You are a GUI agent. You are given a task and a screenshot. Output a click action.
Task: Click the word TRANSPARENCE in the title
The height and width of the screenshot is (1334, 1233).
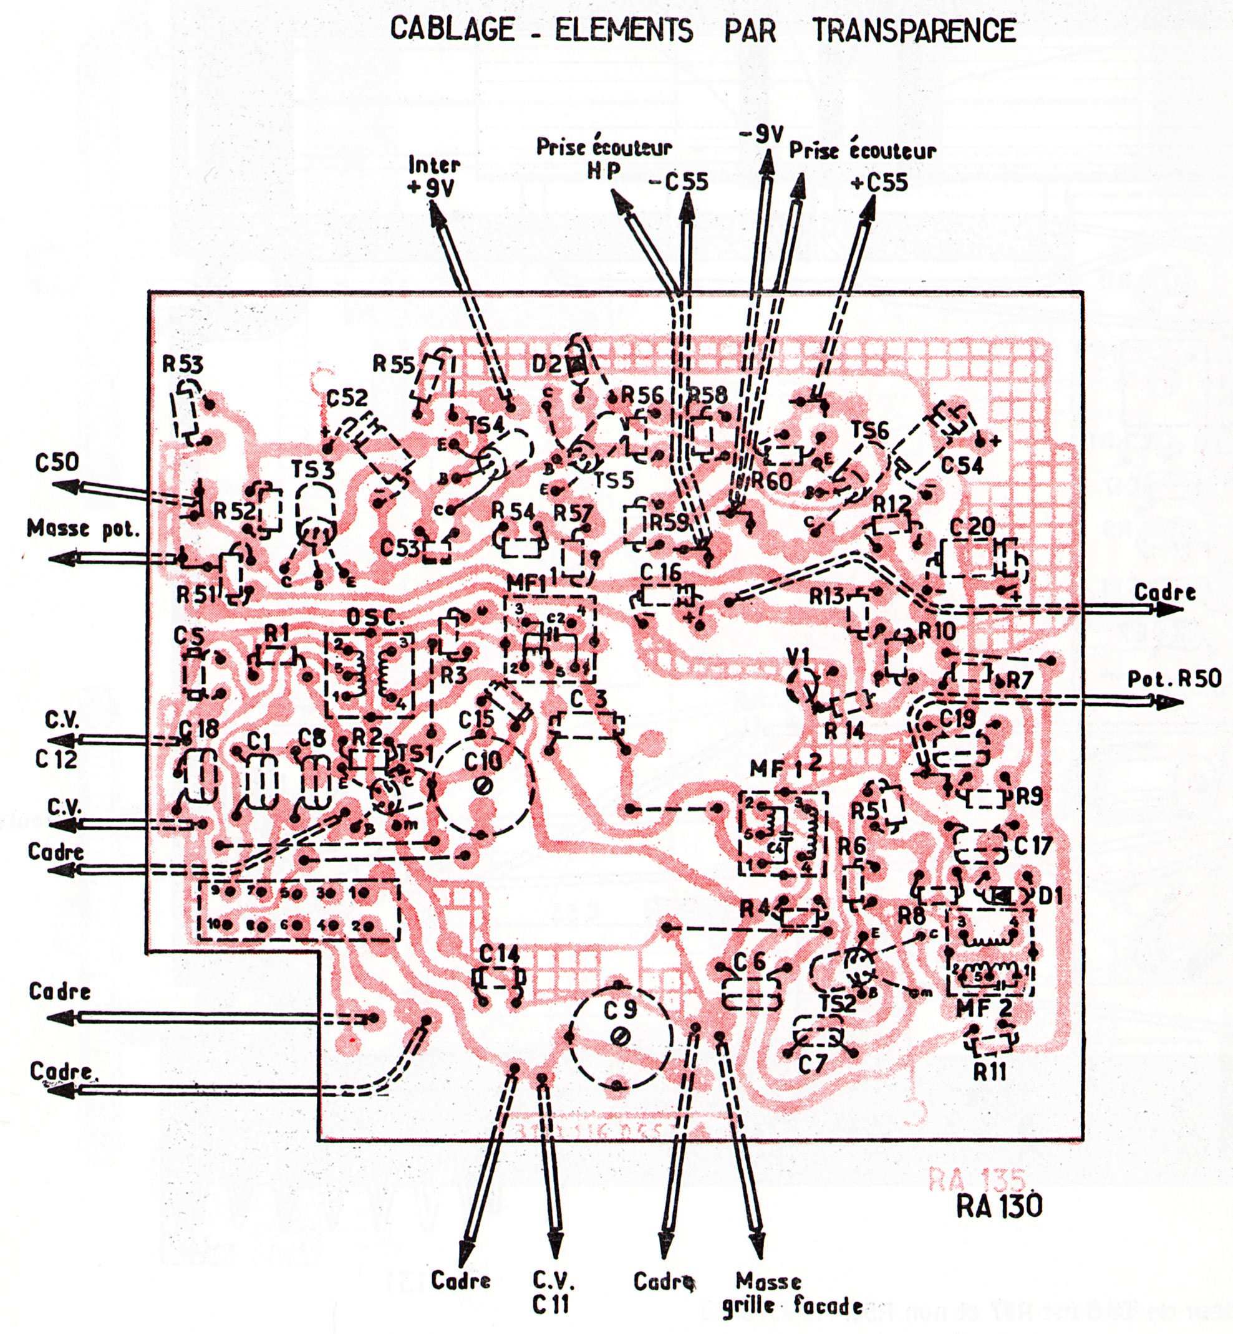click(914, 31)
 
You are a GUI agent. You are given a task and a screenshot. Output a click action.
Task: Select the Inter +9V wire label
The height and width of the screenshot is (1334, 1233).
click(433, 176)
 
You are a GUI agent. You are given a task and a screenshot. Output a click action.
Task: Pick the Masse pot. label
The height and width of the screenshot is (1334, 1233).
click(84, 529)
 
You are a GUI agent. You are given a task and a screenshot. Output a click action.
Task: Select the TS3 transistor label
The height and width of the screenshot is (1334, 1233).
click(312, 469)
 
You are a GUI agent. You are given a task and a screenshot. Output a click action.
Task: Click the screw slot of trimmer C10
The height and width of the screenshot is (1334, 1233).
click(485, 787)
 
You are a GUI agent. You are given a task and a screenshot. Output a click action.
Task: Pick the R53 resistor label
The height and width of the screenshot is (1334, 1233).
click(183, 364)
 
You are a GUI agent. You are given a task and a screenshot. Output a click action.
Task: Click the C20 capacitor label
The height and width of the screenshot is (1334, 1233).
click(972, 527)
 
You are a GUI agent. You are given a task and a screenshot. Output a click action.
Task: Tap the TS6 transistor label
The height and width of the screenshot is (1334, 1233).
click(869, 430)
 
